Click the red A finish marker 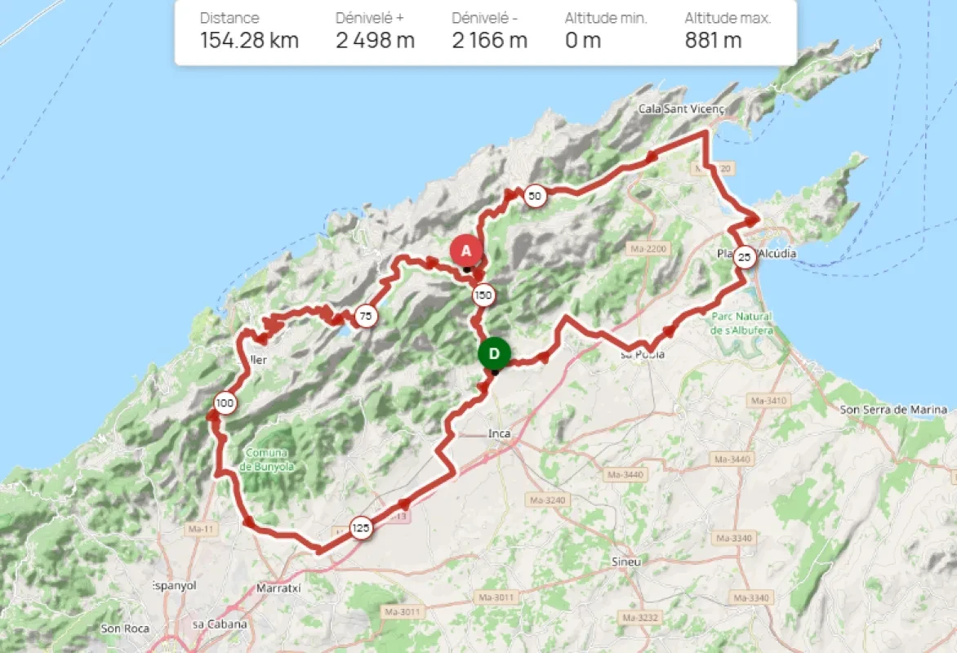(x=465, y=251)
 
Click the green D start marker (x=494, y=353)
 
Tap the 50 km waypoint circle (x=534, y=196)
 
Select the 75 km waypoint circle (x=366, y=316)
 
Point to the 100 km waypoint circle (x=225, y=403)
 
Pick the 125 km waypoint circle (x=360, y=528)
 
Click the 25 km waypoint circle (x=743, y=257)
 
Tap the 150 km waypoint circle (x=483, y=295)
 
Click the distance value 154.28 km (x=249, y=40)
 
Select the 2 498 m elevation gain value (x=375, y=40)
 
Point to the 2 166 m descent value (x=489, y=40)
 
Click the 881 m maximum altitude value (x=713, y=40)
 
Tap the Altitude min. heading (x=605, y=18)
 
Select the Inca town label (x=499, y=433)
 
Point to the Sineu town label (x=626, y=562)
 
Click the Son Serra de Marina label (x=893, y=409)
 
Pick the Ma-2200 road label (x=649, y=248)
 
